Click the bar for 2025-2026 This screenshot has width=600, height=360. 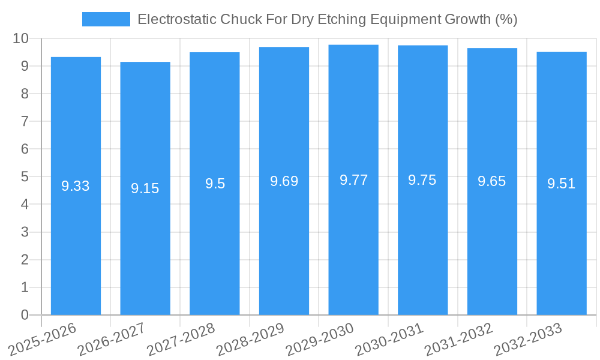point(76,186)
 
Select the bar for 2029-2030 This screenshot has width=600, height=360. point(353,180)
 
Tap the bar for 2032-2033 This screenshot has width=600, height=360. point(562,184)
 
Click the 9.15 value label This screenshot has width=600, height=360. point(145,188)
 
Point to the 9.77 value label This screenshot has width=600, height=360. point(353,180)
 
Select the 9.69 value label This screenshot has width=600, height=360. point(284,181)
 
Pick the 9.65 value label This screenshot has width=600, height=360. point(492,181)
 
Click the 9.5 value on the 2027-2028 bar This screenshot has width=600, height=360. point(215,184)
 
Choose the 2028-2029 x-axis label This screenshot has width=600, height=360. point(250,338)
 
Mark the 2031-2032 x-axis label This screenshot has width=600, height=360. point(458,338)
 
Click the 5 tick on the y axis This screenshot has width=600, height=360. point(25,176)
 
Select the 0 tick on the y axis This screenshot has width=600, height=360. point(25,314)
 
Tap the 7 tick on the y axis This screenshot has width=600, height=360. point(25,121)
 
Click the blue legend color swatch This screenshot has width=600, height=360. point(106,19)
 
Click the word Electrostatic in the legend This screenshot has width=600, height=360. point(177,19)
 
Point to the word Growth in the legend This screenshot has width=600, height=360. point(467,19)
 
